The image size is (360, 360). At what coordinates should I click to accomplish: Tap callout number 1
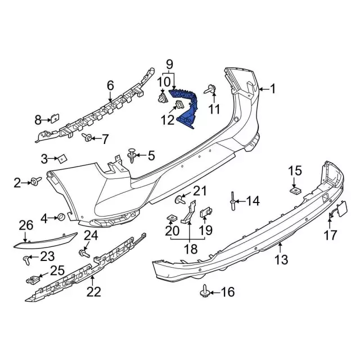[x=273, y=88]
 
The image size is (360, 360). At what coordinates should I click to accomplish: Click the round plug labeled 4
[x=60, y=217]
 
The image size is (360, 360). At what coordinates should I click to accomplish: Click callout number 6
[x=110, y=85]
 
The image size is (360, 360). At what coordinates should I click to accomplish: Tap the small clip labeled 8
[x=55, y=119]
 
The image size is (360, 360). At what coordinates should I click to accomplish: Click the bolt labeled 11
[x=210, y=88]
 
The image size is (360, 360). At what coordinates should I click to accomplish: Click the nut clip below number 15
[x=295, y=190]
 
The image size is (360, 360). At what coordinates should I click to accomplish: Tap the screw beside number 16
[x=205, y=291]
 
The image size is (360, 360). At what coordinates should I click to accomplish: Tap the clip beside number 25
[x=37, y=277]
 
